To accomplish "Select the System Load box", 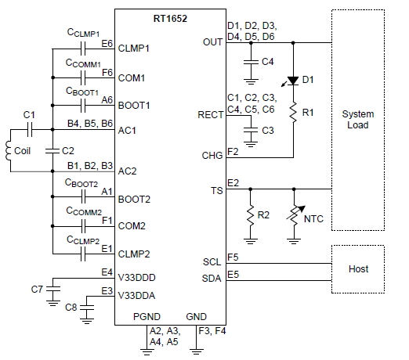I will coord(358,120).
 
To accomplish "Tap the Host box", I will coord(358,268).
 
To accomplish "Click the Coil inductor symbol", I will coord(10,150).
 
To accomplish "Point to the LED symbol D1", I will coord(293,81).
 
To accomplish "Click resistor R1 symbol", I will coord(293,113).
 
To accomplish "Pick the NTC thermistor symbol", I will coord(293,214).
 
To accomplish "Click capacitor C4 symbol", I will coord(250,60).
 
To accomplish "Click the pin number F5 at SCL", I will coord(233,256).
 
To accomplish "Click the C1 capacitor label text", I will coord(29,115).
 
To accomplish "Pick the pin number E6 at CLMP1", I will coord(107,44).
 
